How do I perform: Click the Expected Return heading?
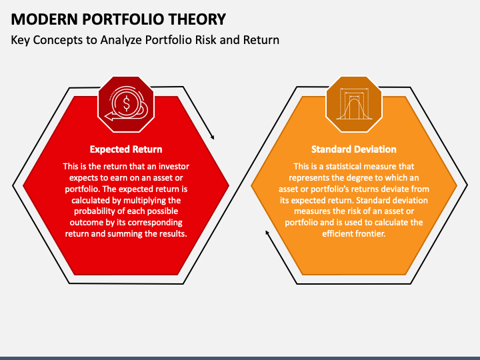(126, 149)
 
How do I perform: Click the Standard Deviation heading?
(354, 149)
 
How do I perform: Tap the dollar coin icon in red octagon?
(126, 104)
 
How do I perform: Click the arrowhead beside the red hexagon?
(213, 137)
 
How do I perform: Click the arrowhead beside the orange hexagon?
(268, 233)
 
